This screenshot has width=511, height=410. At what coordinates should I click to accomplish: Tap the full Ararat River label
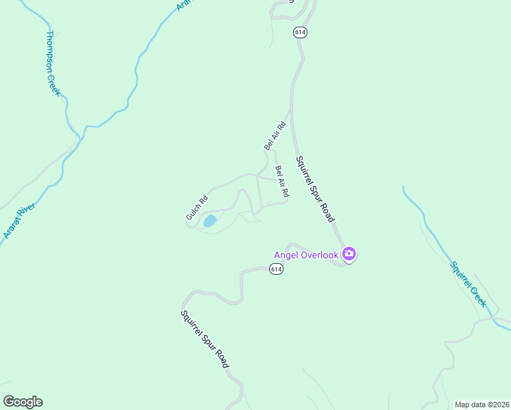[18, 219]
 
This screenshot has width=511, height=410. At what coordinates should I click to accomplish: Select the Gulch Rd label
[197, 209]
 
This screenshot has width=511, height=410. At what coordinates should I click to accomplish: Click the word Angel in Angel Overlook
[287, 256]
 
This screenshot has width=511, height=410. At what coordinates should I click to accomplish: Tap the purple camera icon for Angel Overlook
[349, 255]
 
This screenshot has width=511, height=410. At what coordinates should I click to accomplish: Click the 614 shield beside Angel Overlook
[275, 269]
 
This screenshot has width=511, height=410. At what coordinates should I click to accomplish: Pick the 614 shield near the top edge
[300, 32]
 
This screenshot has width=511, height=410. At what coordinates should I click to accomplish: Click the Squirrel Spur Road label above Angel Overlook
[315, 189]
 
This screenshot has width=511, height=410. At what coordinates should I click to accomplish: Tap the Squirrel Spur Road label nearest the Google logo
[204, 340]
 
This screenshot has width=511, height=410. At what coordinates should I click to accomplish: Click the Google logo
[23, 402]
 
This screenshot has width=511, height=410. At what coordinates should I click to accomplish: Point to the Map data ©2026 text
[482, 405]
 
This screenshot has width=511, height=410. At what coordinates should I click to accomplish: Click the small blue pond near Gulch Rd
[210, 221]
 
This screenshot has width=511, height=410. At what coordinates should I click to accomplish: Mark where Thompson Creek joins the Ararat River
[80, 136]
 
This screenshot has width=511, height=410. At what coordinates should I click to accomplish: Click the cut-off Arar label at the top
[182, 5]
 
